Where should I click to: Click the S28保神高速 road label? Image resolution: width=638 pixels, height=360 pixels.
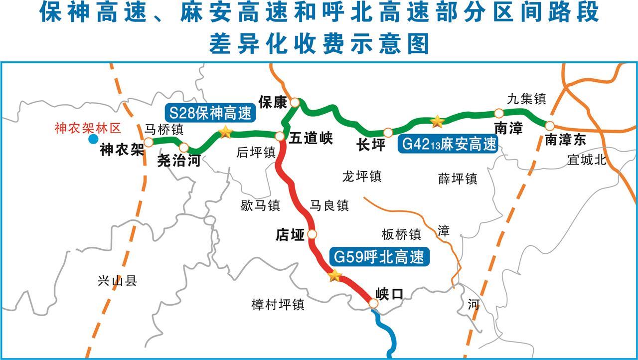[210, 114]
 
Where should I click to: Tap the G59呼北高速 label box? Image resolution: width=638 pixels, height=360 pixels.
[379, 257]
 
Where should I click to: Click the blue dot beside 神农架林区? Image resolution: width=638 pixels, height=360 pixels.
[93, 139]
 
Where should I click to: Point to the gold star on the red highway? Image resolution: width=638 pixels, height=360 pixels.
[334, 275]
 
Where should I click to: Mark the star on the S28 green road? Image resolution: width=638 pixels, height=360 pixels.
[225, 132]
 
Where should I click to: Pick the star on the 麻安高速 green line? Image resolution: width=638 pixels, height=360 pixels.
[437, 121]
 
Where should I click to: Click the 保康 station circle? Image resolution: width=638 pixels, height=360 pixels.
[295, 103]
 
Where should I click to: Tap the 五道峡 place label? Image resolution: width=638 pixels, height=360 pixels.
[311, 138]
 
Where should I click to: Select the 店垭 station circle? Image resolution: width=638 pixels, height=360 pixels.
[312, 234]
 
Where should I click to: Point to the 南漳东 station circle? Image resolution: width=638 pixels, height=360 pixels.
[549, 126]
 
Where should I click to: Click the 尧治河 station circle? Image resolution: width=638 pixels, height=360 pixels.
[184, 147]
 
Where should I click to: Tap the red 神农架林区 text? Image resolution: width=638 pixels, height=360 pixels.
[88, 129]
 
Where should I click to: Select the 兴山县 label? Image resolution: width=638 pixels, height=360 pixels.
[118, 281]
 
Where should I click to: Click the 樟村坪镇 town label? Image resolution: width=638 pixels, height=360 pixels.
[278, 304]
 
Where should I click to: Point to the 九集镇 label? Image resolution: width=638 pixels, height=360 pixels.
[526, 98]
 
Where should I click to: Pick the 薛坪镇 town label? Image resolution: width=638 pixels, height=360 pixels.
[458, 179]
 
